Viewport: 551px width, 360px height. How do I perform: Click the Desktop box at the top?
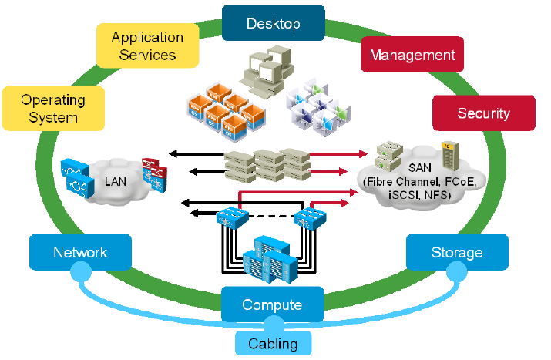(273, 23)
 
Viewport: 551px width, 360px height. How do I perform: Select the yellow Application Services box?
(147, 45)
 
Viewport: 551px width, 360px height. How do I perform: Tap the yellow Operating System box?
(53, 109)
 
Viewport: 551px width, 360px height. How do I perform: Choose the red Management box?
(412, 56)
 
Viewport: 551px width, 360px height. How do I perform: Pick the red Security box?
(483, 113)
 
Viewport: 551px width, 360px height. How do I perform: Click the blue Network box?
(80, 252)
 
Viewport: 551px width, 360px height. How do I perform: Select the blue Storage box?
(457, 252)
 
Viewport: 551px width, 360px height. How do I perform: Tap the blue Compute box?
(272, 304)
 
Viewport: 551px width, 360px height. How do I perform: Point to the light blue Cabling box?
(273, 343)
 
